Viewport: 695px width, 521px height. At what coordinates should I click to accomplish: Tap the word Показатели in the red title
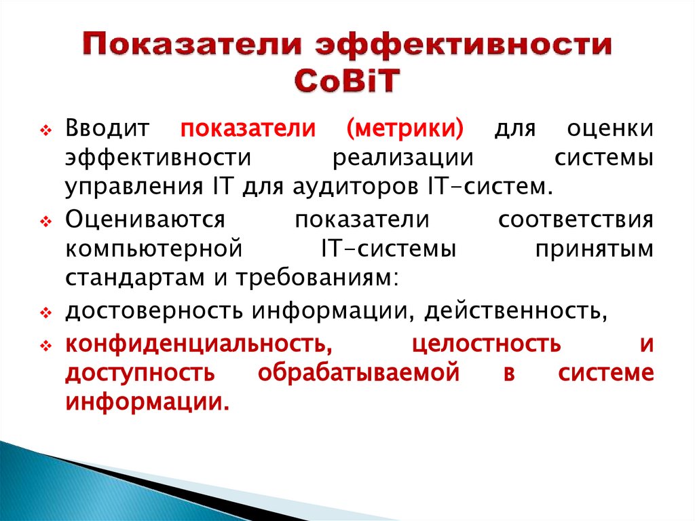coord(195,44)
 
